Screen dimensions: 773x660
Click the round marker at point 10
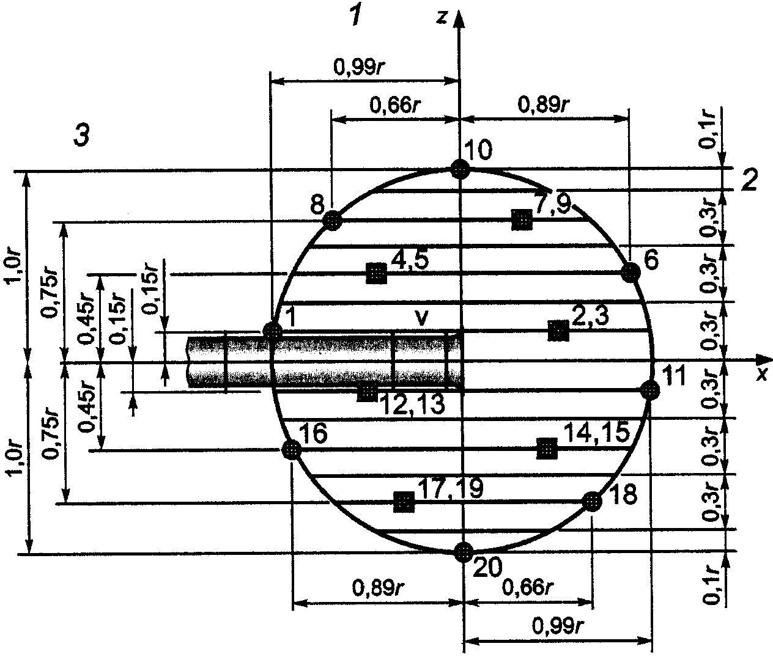460,169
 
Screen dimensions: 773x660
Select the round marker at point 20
464,552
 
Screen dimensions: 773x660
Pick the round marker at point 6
631,273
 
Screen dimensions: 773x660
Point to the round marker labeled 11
650,391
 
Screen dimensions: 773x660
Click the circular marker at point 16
291,449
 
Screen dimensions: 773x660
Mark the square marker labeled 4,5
376,274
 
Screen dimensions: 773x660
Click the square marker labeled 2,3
558,331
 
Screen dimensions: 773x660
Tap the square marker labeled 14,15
547,449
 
